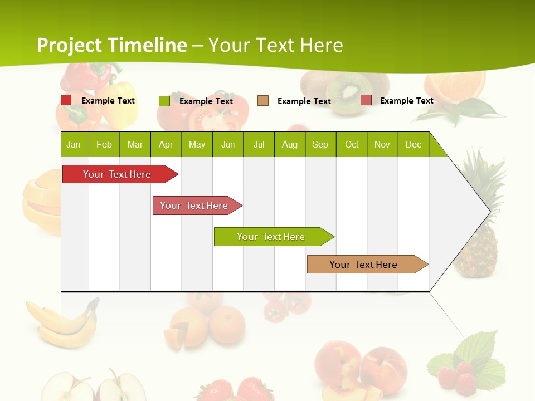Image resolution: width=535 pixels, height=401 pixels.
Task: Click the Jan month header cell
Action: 74,144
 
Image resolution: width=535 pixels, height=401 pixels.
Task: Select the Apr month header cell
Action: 166,144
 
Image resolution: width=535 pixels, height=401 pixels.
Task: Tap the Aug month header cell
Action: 290,144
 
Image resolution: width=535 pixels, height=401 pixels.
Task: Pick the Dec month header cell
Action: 413,144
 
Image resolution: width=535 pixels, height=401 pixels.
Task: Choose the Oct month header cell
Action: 352,144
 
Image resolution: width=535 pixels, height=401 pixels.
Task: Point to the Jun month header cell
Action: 228,144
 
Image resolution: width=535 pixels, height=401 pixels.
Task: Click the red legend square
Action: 66,100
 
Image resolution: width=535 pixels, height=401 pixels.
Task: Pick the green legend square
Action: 164,101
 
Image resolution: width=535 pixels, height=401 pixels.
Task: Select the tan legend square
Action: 263,101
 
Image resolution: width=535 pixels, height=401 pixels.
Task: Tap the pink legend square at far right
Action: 366,100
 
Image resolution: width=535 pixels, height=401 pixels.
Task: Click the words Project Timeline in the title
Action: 112,45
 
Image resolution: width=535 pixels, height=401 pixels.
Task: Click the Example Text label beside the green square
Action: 206,101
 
